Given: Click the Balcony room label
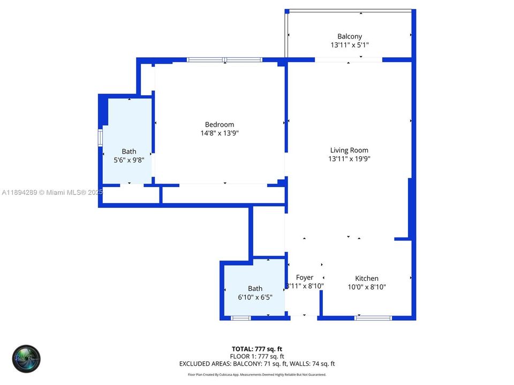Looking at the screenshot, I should click(349, 36).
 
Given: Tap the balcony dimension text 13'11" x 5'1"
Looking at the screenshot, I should click(349, 45).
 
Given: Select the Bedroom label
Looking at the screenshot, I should click(220, 125).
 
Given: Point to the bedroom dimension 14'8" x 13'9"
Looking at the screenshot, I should click(220, 134).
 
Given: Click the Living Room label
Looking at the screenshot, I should click(349, 150).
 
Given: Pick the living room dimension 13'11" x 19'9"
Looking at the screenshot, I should click(349, 159).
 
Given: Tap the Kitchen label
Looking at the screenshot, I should click(367, 278).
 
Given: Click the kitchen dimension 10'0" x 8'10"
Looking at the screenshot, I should click(367, 287).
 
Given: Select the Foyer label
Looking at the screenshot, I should click(305, 278).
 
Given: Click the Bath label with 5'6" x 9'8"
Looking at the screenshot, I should click(129, 151).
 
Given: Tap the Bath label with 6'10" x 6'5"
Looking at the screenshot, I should click(255, 289).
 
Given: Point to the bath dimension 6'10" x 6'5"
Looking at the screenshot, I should click(255, 297).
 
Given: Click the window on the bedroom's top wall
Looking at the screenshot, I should click(224, 60).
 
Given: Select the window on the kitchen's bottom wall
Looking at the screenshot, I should click(373, 318).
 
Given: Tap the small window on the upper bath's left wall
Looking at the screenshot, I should click(100, 137).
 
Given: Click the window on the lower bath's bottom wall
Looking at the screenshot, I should click(241, 318).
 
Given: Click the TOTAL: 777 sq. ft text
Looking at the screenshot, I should click(257, 349).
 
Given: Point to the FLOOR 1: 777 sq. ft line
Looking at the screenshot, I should click(257, 356).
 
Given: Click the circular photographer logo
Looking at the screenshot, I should click(26, 359).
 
